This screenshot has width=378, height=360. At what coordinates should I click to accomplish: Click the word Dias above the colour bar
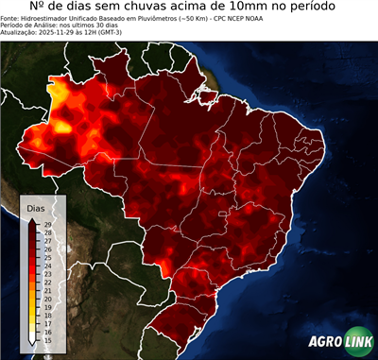coord(36,207)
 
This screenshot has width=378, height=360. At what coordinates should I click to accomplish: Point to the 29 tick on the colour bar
coord(47,223)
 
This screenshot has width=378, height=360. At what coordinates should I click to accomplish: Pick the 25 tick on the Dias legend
coord(47,257)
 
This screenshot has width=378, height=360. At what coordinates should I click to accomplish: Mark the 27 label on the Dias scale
coord(47,240)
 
